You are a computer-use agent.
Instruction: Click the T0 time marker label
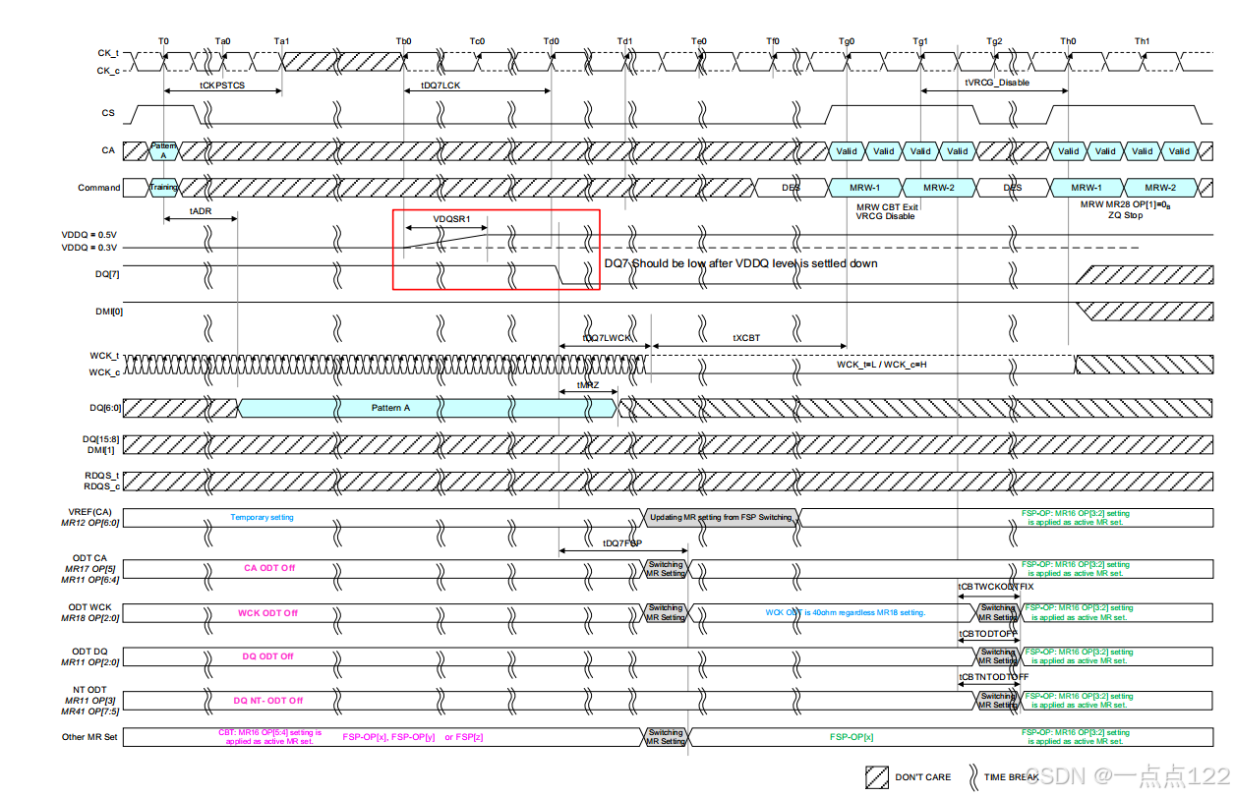(x=163, y=41)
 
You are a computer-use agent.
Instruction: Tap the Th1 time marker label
(x=1142, y=41)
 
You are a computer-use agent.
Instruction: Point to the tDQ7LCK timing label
(x=441, y=85)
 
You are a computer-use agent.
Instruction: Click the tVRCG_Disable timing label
(x=997, y=83)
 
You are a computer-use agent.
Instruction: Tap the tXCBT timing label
(x=746, y=337)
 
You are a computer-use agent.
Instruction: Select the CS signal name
(x=108, y=113)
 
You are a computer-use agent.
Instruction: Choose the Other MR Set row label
(x=90, y=736)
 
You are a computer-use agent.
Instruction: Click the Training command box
(x=163, y=187)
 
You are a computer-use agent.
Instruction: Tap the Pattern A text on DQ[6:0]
(x=391, y=407)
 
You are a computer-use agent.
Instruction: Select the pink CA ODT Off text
(x=269, y=567)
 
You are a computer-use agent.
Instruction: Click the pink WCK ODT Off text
(x=267, y=613)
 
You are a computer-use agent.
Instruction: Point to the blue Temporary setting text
(x=262, y=517)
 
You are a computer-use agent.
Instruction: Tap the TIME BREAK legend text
(x=1012, y=777)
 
